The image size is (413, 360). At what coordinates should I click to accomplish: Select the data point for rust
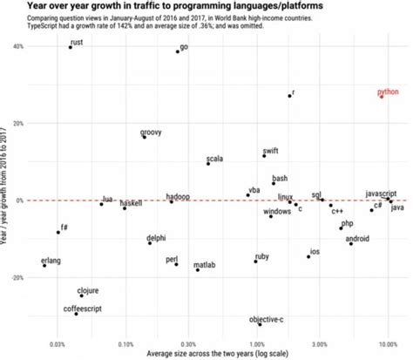click(71, 47)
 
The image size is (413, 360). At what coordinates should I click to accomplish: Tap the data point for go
click(178, 51)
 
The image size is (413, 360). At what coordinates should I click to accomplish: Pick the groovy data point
click(145, 137)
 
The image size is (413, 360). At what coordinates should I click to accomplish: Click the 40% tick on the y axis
click(17, 46)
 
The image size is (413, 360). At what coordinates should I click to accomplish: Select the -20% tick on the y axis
click(16, 277)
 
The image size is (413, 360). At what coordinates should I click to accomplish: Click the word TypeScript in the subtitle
click(47, 25)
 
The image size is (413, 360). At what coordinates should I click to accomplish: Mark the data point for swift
click(264, 155)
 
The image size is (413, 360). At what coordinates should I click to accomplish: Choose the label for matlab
click(205, 264)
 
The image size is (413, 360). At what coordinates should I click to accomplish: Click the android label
click(357, 238)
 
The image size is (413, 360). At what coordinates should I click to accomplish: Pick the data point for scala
click(208, 164)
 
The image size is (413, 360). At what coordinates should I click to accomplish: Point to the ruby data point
click(255, 261)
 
